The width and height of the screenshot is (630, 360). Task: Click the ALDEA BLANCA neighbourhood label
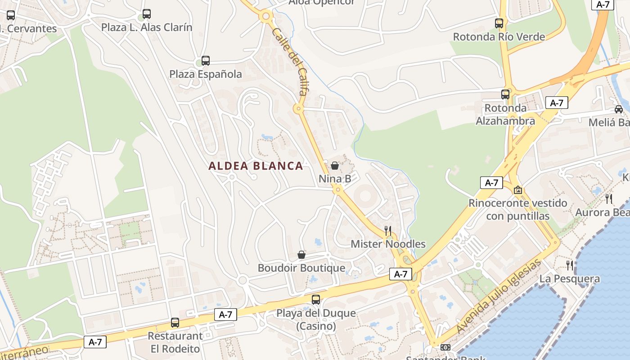256,166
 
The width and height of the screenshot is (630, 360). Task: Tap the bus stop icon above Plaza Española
206,60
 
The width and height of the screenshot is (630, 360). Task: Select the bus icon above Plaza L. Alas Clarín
147,14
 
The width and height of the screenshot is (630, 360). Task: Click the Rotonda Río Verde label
499,37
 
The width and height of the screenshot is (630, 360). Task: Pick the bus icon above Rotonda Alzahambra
505,94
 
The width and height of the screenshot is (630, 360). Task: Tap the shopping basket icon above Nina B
335,166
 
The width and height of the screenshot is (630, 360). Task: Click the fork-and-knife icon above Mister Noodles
388,231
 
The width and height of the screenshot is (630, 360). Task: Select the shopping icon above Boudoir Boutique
301,255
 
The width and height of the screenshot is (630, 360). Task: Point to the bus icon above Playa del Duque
316,300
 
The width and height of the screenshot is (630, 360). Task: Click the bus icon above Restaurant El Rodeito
175,323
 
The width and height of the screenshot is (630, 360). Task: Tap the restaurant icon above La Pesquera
570,265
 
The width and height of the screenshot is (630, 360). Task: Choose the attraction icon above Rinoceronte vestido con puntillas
518,190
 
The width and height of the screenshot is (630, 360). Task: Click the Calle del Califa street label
290,61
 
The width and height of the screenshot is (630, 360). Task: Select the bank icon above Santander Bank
445,347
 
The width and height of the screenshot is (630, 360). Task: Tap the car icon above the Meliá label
619,109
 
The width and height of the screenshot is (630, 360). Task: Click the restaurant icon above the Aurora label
609,198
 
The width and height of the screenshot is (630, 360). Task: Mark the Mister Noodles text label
388,244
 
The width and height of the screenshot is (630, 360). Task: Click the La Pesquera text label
570,279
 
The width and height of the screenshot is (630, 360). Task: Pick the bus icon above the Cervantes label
11,15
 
